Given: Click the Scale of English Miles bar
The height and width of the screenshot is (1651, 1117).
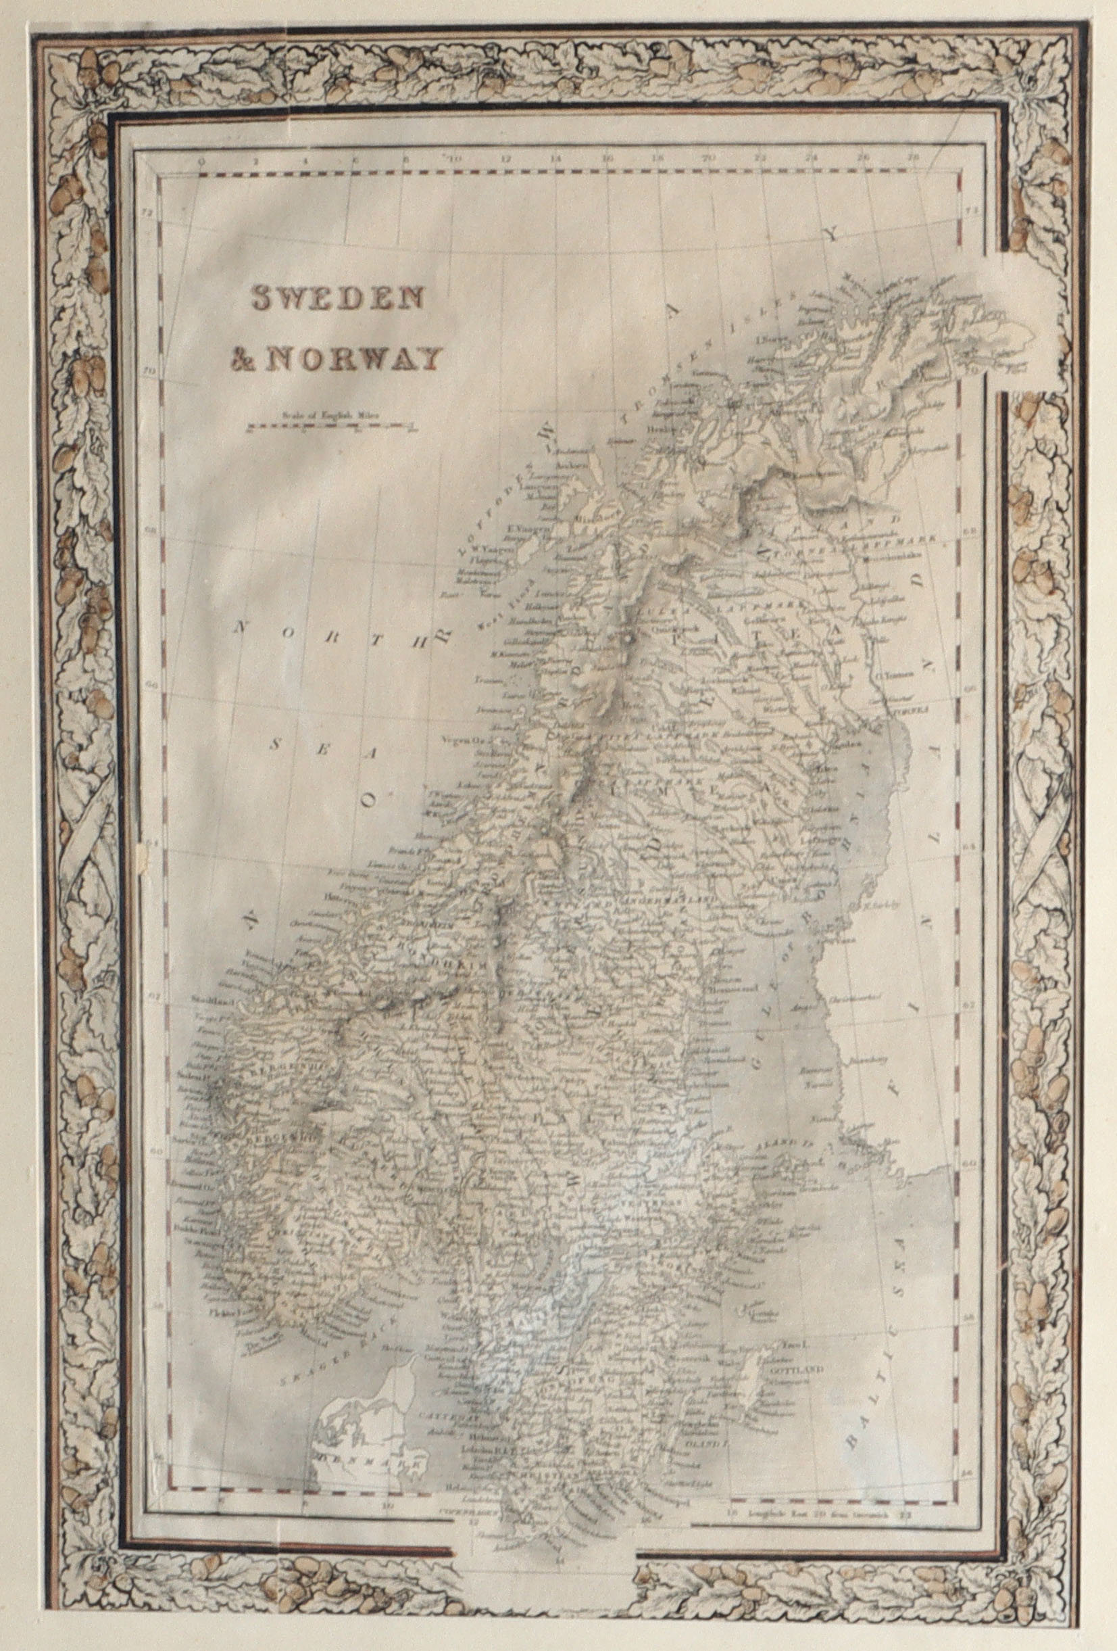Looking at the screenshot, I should tap(332, 426).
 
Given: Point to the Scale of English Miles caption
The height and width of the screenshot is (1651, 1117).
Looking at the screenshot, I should tap(332, 414).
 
